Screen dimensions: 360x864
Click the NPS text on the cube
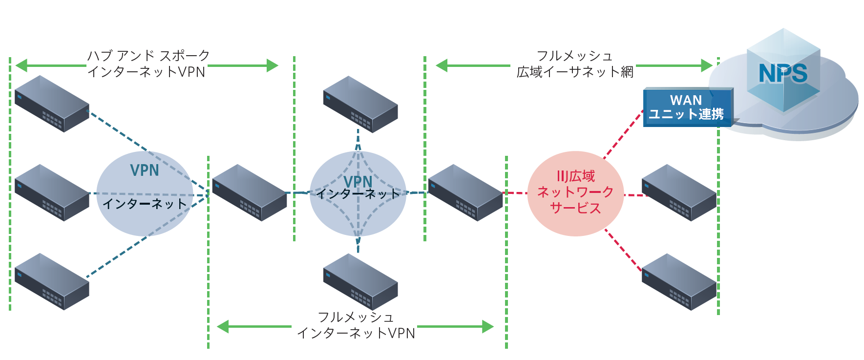pos(783,73)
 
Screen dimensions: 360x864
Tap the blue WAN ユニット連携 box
pos(686,107)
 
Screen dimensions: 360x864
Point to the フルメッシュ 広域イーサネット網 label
pos(575,64)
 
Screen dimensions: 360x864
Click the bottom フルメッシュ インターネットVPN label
pos(356,325)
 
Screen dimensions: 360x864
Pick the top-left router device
pos(52,104)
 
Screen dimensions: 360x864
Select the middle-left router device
pos(52,193)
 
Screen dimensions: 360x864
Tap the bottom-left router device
pos(52,282)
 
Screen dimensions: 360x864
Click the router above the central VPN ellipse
pos(360,104)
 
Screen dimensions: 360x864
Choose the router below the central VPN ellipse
pos(360,282)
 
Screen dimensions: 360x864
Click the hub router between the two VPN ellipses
pos(250,193)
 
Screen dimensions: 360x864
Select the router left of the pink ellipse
pos(465,193)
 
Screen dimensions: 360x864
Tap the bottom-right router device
pos(679,282)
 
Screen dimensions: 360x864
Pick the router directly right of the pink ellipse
pos(679,193)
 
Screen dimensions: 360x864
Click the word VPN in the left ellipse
pos(145,170)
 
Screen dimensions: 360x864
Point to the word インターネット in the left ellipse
pos(145,204)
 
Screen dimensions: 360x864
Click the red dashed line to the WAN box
pos(624,134)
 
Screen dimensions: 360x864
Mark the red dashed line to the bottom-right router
pos(624,250)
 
